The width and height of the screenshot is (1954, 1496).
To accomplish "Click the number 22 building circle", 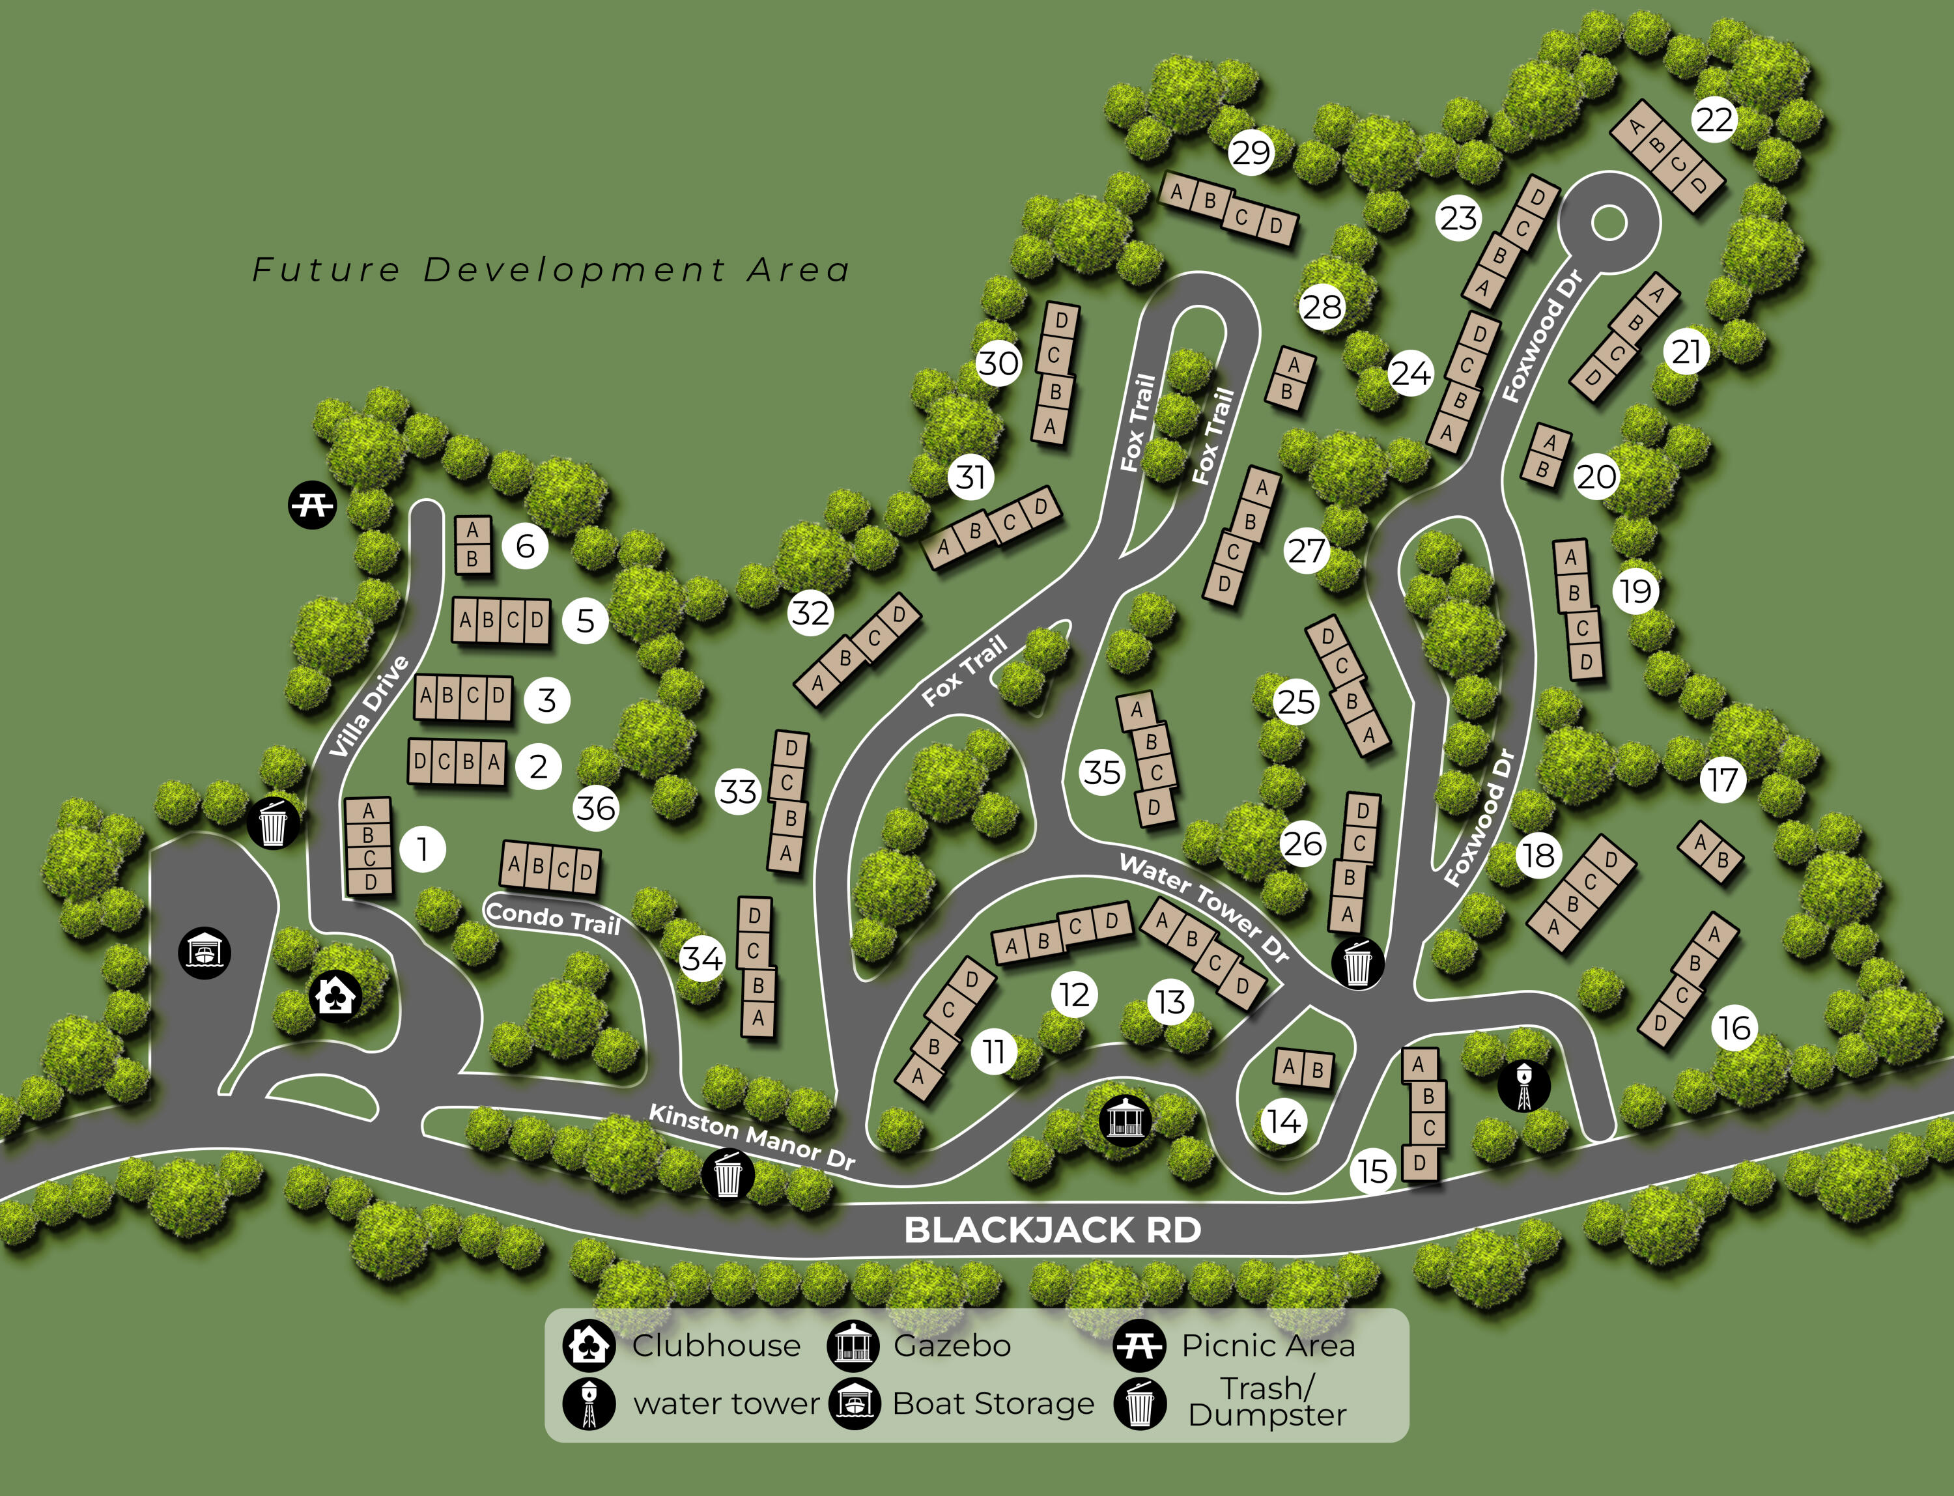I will (1714, 119).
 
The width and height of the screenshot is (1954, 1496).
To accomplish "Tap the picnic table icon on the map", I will (312, 505).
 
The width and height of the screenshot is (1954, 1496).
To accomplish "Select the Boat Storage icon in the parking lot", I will (205, 953).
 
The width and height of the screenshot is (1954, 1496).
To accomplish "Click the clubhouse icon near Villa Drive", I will (335, 996).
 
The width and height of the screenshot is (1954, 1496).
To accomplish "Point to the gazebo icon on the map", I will (1125, 1120).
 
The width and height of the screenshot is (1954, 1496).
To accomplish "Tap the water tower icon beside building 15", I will (1524, 1086).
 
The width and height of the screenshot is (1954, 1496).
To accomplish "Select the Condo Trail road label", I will (552, 917).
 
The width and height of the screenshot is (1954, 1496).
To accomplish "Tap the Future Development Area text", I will (550, 270).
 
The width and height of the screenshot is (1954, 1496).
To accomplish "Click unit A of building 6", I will (472, 531).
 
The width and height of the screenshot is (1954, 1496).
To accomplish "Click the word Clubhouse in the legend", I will (716, 1346).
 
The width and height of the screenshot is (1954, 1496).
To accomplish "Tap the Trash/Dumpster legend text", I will (1266, 1402).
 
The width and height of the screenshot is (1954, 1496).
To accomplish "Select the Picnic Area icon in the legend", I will (1139, 1346).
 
